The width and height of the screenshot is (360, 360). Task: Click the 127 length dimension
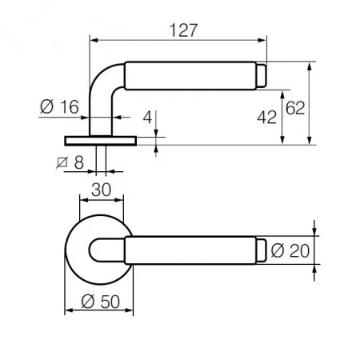pos(183,30)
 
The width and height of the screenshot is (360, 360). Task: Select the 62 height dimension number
pos(295,108)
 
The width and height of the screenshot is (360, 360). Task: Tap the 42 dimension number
pos(266,117)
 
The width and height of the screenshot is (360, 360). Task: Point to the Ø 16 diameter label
pos(59,106)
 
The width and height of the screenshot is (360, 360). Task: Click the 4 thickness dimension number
pos(147,117)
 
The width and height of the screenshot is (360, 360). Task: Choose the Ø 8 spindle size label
pos(70,162)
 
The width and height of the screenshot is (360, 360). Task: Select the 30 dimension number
pos(101,190)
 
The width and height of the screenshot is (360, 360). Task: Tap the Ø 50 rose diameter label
pos(101,302)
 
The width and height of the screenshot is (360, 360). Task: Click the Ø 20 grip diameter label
pos(290,250)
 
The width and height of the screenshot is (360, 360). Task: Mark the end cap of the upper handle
pos(262,75)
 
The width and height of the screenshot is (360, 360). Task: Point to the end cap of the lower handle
pos(261,250)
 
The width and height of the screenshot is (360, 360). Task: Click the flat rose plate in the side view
pos(101,141)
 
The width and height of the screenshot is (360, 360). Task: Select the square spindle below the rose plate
pos(101,160)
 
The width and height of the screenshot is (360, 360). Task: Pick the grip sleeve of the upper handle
pos(190,76)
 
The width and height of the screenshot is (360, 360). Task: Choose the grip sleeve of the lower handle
pos(190,250)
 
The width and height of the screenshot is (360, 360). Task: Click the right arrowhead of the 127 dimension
pos(262,40)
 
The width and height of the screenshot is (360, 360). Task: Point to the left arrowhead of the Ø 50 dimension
pos(69,310)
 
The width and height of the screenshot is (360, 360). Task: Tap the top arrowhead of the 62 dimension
pos(310,66)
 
